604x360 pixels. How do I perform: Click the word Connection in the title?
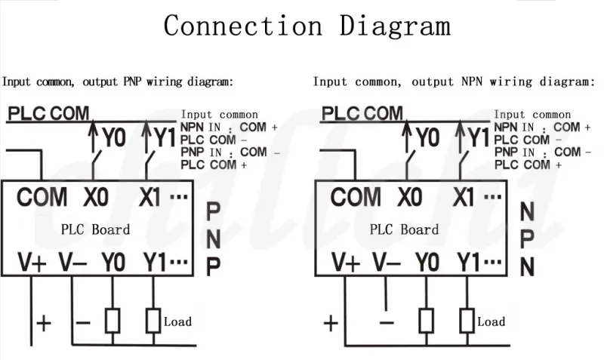(x=243, y=26)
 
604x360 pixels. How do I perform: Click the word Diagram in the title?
(x=395, y=27)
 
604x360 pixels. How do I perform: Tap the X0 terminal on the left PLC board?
(x=96, y=197)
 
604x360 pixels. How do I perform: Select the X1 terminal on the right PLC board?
(x=463, y=197)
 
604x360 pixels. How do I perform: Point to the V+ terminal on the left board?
(x=32, y=262)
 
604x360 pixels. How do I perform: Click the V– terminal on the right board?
(x=387, y=262)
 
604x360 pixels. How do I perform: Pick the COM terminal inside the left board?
(x=42, y=197)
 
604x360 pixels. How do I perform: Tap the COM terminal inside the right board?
(x=356, y=197)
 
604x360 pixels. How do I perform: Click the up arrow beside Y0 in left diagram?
(x=93, y=136)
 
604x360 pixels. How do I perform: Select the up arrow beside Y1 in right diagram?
(x=460, y=136)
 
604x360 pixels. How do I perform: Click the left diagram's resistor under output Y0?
(x=112, y=320)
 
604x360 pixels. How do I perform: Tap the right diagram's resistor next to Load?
(x=467, y=320)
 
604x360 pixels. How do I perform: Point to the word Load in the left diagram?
(x=177, y=322)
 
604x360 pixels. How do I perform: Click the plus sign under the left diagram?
(x=44, y=323)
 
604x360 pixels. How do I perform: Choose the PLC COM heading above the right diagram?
(x=362, y=113)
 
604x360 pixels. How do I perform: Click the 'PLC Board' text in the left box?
(x=96, y=229)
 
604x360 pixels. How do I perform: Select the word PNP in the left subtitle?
(x=132, y=82)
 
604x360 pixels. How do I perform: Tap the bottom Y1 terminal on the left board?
(x=155, y=262)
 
